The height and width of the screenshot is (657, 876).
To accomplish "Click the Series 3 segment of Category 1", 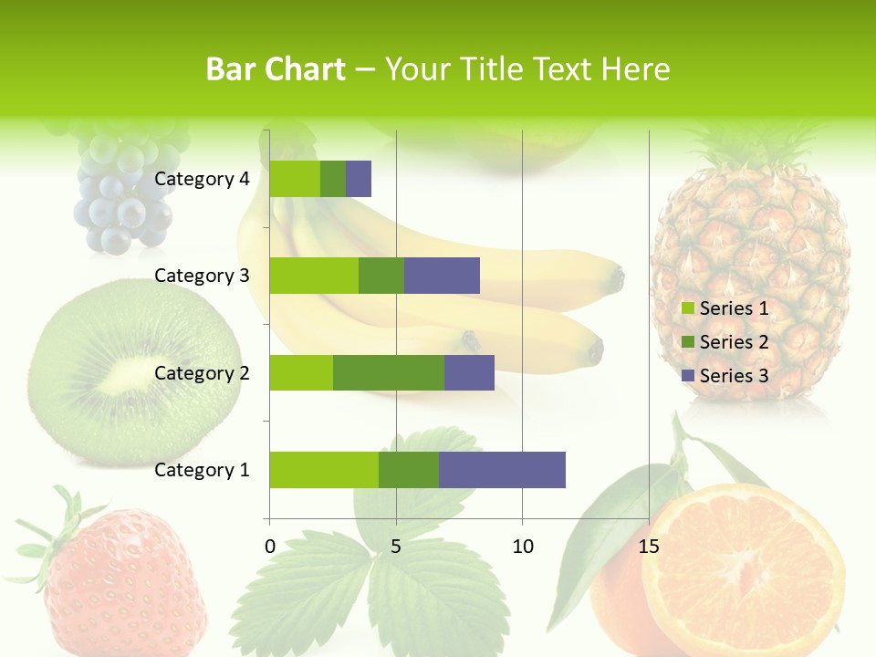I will [502, 470].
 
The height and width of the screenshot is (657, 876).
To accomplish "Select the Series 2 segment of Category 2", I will [388, 372].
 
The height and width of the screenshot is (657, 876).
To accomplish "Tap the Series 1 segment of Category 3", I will [313, 276].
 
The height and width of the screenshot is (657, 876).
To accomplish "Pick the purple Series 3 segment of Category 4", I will [359, 179].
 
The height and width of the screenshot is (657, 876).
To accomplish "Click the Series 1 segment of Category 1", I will [323, 470].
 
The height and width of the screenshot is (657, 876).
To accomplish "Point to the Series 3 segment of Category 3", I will [442, 276].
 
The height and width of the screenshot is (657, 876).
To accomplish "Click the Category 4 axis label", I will [202, 179].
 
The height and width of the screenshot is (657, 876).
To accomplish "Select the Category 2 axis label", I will [202, 372].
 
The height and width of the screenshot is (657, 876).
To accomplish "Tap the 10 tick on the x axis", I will [522, 547].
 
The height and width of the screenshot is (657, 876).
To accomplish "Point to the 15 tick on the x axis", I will [649, 547].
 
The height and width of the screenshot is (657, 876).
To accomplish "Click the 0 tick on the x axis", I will [270, 547].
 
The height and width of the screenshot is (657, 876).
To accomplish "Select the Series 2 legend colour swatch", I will [688, 342].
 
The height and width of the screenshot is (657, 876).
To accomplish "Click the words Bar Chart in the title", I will [276, 69].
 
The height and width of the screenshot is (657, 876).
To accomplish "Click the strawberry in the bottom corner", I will [119, 575].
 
